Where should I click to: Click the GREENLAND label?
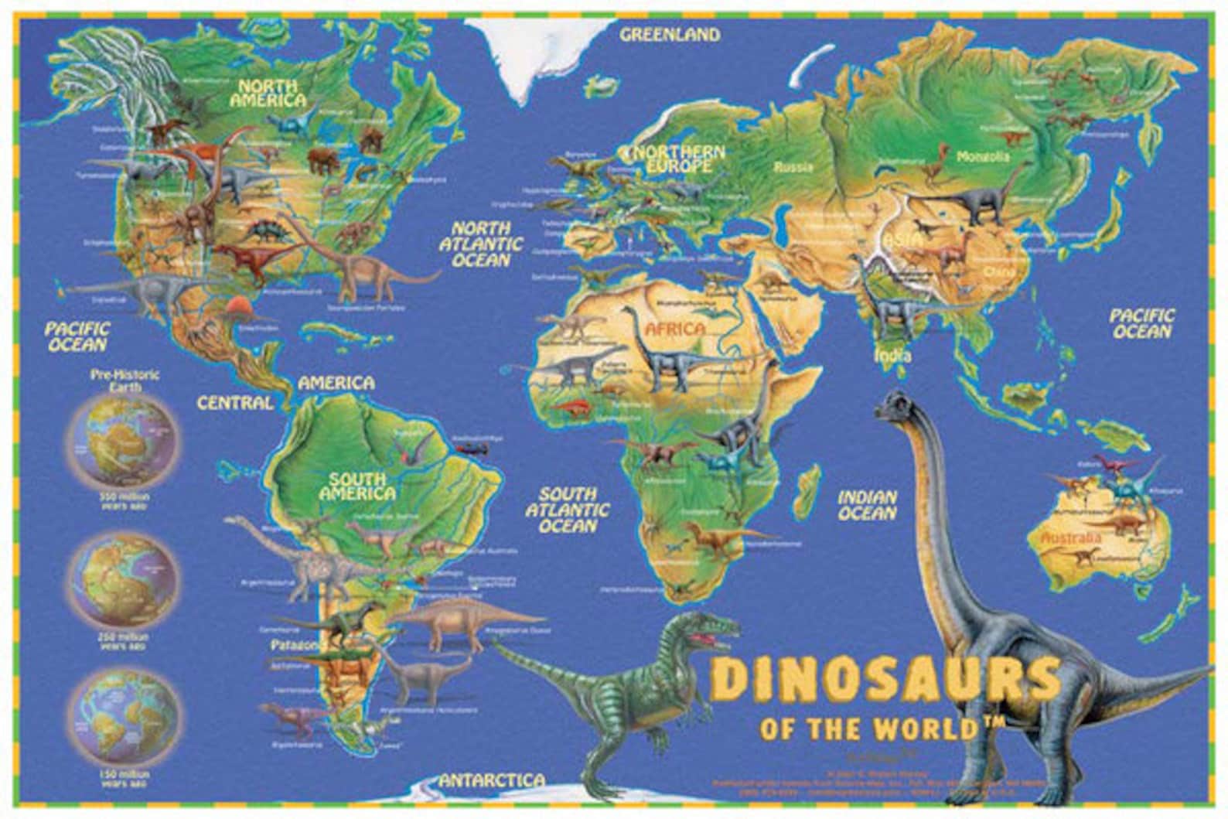pyautogui.click(x=670, y=34)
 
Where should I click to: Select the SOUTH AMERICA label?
pyautogui.click(x=357, y=486)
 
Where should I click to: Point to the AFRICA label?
pyautogui.click(x=675, y=329)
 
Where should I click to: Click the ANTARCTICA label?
pyautogui.click(x=492, y=781)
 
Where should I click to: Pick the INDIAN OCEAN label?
pyautogui.click(x=868, y=505)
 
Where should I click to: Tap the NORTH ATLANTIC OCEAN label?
pyautogui.click(x=481, y=244)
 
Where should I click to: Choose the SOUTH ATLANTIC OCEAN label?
pyautogui.click(x=568, y=510)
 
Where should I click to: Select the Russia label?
pyautogui.click(x=794, y=167)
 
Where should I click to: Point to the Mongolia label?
pyautogui.click(x=983, y=157)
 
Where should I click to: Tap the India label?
pyautogui.click(x=892, y=357)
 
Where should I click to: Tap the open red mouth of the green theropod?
pyautogui.click(x=704, y=638)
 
